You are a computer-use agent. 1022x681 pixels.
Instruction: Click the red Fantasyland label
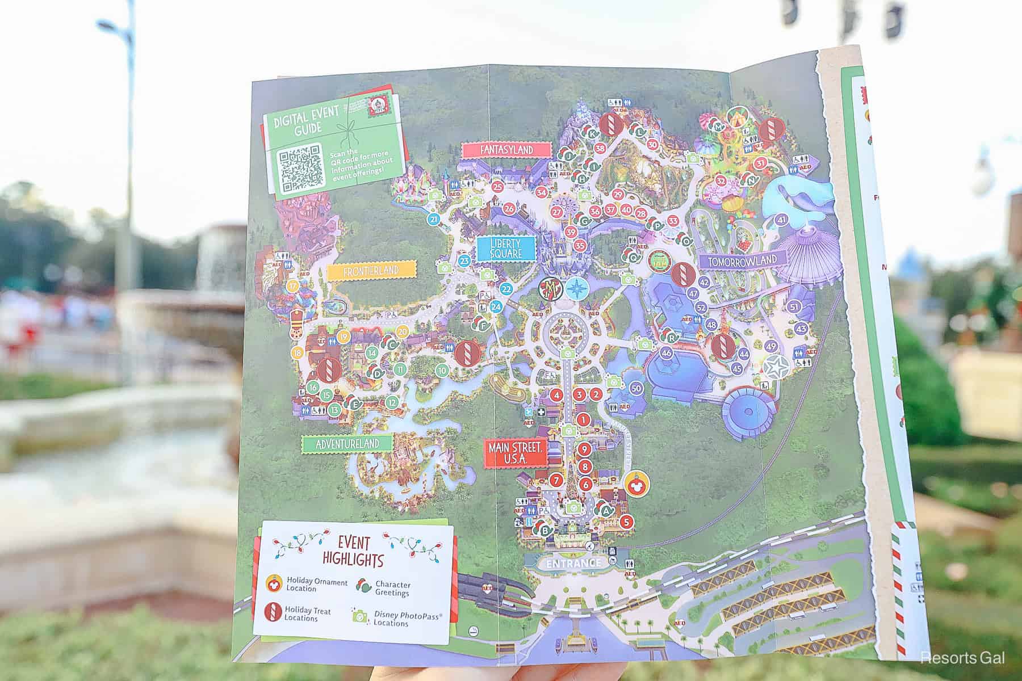click(507, 150)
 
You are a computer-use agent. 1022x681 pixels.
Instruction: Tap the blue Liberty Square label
click(506, 248)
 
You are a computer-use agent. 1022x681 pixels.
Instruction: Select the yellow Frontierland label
click(371, 271)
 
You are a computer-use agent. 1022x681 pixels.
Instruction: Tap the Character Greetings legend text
click(393, 588)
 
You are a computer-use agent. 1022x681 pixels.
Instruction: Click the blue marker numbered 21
click(434, 220)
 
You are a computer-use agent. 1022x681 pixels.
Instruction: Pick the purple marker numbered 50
click(636, 389)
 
